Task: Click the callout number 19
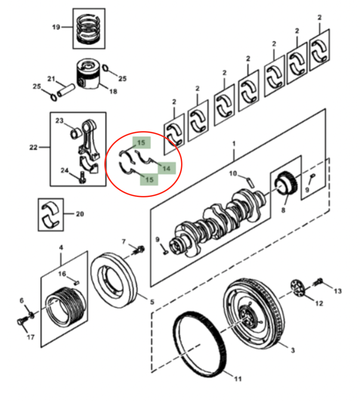pos(56,27)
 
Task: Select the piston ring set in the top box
pos(89,29)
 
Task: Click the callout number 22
pos(33,147)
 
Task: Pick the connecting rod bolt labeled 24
pos(82,177)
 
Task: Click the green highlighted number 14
pos(166,168)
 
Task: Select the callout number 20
pos(80,214)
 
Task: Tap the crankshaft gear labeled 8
pos(286,184)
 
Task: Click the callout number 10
pos(233,174)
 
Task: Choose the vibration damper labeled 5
pos(114,280)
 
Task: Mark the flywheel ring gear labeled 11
pos(200,344)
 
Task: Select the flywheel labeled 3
pos(254,313)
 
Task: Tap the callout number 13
pos(338,291)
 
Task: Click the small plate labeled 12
pos(298,288)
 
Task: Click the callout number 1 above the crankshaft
pos(234,144)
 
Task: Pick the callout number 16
pos(62,274)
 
